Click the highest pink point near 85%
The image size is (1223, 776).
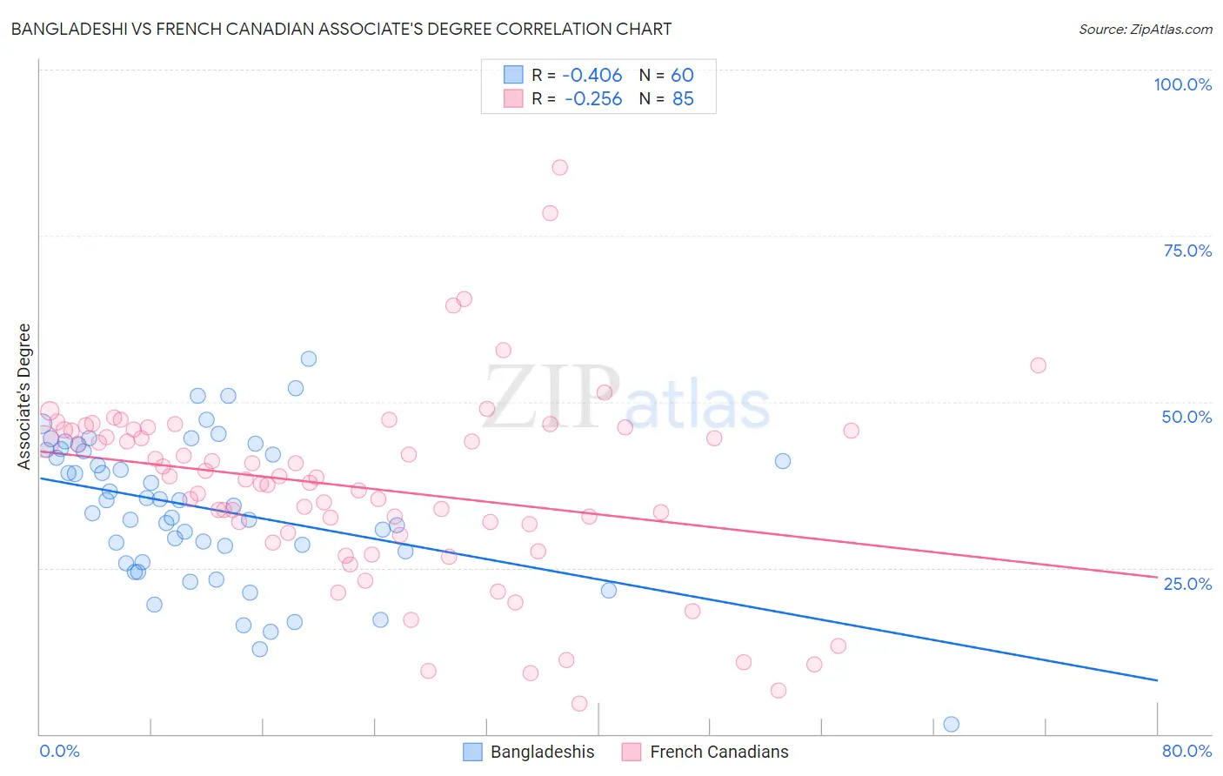pos(559,167)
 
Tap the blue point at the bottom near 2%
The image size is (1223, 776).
pos(951,724)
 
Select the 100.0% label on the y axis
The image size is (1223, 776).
pos(1182,84)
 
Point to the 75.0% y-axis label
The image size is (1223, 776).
pos(1187,251)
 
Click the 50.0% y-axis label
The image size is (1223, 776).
pos(1186,417)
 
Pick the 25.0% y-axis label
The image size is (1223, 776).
pos(1187,583)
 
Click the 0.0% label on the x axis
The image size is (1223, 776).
pos(59,751)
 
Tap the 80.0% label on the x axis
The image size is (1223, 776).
pos(1186,751)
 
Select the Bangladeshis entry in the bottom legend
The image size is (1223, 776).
pos(542,752)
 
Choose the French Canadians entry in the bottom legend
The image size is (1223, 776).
pos(718,752)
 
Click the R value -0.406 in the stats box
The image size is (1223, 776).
pos(591,75)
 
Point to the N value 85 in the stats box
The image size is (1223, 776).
pos(683,98)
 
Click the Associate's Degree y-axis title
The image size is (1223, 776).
pos(24,396)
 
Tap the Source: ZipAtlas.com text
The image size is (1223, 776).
pos(1145,29)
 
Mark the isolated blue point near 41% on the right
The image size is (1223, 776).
pos(782,461)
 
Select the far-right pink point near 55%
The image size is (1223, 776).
pos(1038,365)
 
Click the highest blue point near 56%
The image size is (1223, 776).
pos(308,358)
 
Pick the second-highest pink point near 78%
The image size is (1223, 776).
pos(550,213)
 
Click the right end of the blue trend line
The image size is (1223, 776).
pos(1157,679)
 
